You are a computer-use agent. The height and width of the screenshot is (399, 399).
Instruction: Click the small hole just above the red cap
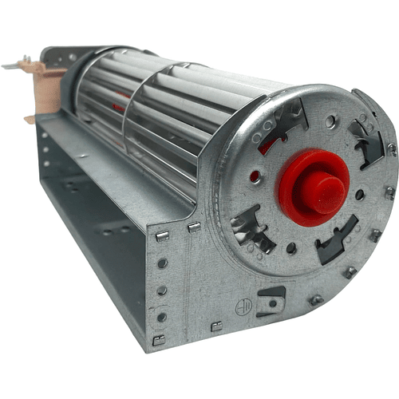pyautogui.click(x=330, y=122)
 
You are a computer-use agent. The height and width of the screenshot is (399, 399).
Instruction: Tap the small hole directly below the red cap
pyautogui.click(x=291, y=248)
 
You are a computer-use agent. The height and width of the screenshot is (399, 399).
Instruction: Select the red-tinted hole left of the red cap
pyautogui.click(x=255, y=175)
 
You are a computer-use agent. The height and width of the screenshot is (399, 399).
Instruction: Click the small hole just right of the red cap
pyautogui.click(x=361, y=194)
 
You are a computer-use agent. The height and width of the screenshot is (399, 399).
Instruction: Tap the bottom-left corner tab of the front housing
pyautogui.click(x=159, y=341)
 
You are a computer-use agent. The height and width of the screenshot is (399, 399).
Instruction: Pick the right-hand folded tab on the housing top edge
pyautogui.click(x=194, y=227)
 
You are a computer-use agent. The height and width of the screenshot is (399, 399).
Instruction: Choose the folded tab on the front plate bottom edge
pyautogui.click(x=216, y=326)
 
